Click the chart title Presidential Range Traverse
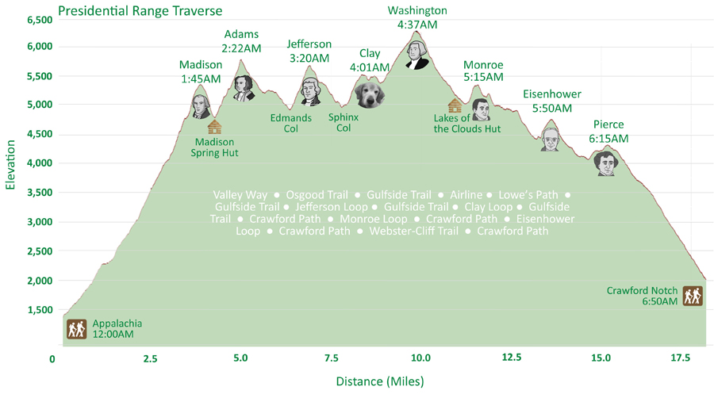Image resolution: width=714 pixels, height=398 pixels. click(x=140, y=11)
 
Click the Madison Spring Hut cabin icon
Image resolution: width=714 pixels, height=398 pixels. click(x=213, y=126)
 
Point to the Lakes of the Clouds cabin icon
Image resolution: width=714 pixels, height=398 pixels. click(x=455, y=105)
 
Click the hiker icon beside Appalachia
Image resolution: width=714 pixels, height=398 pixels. click(x=76, y=329)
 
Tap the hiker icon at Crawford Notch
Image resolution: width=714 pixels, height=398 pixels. click(x=693, y=296)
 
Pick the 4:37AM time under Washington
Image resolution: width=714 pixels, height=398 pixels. click(x=417, y=25)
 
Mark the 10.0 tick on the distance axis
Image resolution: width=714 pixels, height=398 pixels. click(x=420, y=358)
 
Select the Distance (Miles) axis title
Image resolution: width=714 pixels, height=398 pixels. click(x=380, y=381)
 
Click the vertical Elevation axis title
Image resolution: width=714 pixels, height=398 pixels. click(x=11, y=166)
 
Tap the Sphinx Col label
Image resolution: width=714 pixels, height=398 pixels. click(x=344, y=122)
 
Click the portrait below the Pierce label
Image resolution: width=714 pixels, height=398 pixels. click(x=606, y=163)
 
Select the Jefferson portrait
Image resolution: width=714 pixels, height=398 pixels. click(x=309, y=91)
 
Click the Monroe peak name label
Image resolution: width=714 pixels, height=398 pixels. click(x=483, y=65)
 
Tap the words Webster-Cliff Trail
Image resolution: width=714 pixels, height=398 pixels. click(x=413, y=232)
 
